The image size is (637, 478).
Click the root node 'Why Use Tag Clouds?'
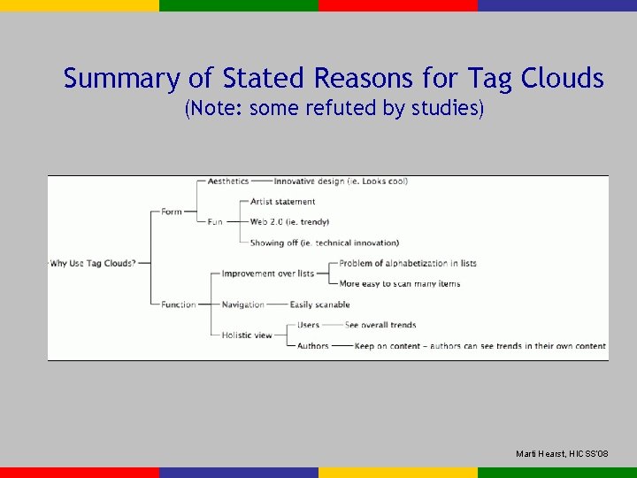click(93, 263)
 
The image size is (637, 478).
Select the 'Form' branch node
click(172, 212)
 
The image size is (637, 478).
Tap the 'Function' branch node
click(178, 305)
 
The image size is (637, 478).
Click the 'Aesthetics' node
click(228, 181)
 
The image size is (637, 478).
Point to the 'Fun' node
click(215, 222)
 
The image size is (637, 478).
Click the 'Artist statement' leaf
click(282, 202)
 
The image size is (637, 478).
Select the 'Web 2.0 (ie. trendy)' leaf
click(289, 222)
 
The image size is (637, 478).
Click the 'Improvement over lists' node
click(267, 274)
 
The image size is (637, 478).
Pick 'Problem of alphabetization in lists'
click(408, 263)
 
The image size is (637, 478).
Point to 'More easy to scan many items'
click(399, 284)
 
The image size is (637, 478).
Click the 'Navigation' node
click(242, 305)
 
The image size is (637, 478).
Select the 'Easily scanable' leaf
click(319, 305)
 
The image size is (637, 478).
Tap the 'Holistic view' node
click(247, 335)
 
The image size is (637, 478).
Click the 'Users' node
click(309, 325)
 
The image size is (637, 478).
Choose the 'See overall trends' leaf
click(380, 325)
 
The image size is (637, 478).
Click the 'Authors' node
click(312, 346)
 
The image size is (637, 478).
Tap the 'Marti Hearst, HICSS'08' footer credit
click(562, 454)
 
